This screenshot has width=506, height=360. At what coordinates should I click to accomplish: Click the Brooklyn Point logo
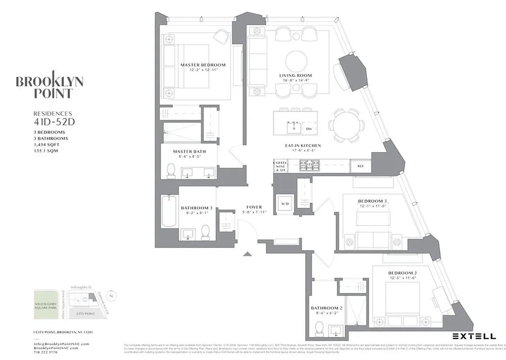tap(50, 85)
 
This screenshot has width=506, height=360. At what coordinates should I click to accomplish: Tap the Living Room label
tap(295, 76)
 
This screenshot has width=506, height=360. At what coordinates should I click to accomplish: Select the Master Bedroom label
tap(203, 65)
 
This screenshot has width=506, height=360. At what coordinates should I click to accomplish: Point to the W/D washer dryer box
tap(285, 203)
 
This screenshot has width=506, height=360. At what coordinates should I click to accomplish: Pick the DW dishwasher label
tap(309, 129)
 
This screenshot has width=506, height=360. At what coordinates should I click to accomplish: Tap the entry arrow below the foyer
tap(247, 254)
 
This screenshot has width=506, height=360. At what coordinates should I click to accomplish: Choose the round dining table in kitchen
tap(344, 125)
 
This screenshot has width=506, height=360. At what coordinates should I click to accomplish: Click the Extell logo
tap(474, 336)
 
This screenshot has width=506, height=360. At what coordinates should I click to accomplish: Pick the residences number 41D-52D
tap(52, 121)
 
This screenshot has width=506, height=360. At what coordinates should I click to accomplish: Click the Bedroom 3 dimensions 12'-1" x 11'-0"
tap(372, 206)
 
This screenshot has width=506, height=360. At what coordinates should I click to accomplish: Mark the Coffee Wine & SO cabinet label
tap(280, 166)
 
